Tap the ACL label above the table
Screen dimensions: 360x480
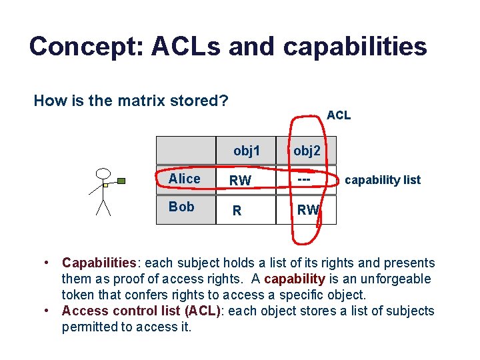339,115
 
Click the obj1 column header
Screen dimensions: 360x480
247,151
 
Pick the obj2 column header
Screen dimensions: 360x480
307,151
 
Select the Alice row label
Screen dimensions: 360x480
185,179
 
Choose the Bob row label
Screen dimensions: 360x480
181,207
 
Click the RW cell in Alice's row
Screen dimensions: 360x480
240,181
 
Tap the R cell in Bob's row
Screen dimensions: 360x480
236,211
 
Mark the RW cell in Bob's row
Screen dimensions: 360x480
308,211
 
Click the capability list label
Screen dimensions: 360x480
383,180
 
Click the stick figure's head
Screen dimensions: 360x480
102,175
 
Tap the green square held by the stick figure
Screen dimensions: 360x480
121,180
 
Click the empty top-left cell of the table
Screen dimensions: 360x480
186,150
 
